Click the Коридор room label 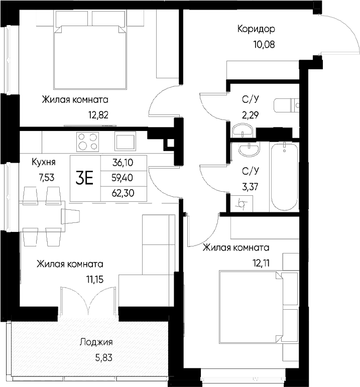coord(256,29)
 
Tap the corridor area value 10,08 coord(264,44)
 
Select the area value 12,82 coord(98,114)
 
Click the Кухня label coord(43,162)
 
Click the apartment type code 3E coord(84,178)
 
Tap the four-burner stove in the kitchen coord(87,141)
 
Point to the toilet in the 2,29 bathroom coord(286,106)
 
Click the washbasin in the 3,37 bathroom coord(247,151)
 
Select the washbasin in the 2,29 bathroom coord(244,132)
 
